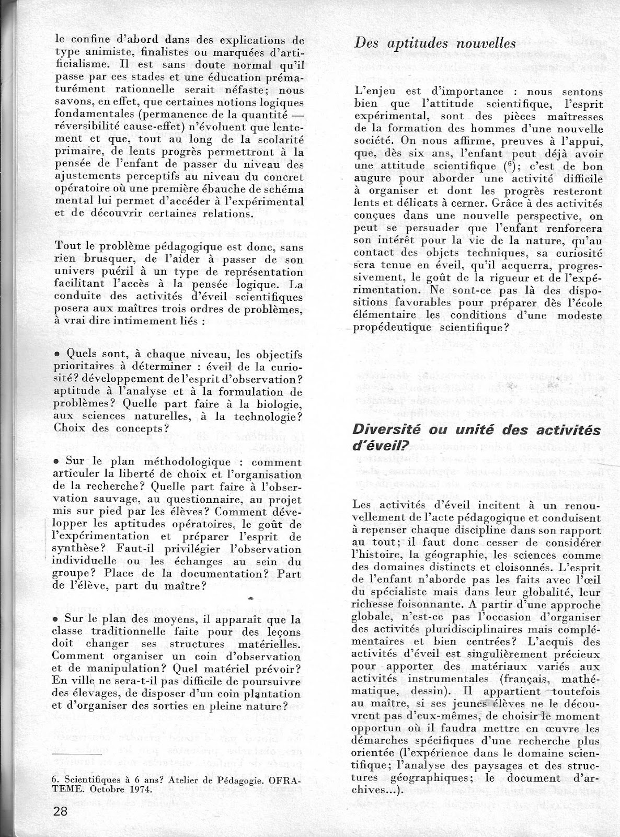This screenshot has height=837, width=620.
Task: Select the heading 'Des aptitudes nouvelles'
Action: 435,43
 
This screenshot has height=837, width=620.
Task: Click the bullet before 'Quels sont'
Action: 56,355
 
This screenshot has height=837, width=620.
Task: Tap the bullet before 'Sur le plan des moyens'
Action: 56,619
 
